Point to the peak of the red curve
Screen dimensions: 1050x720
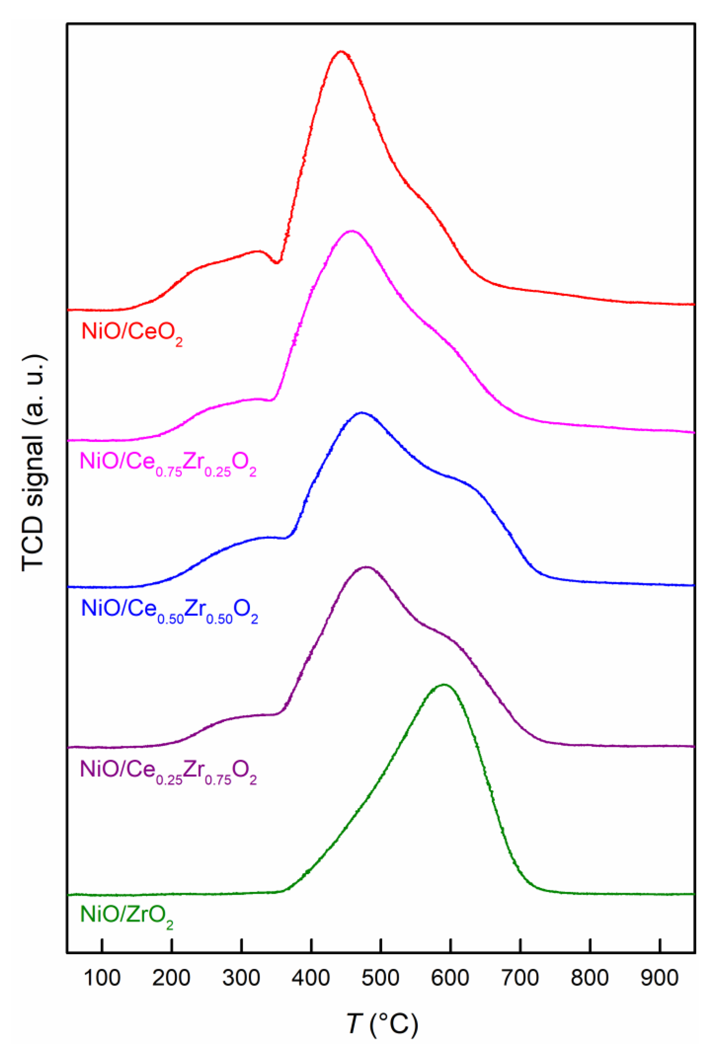coord(341,52)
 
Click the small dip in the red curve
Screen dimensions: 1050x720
coord(277,262)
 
